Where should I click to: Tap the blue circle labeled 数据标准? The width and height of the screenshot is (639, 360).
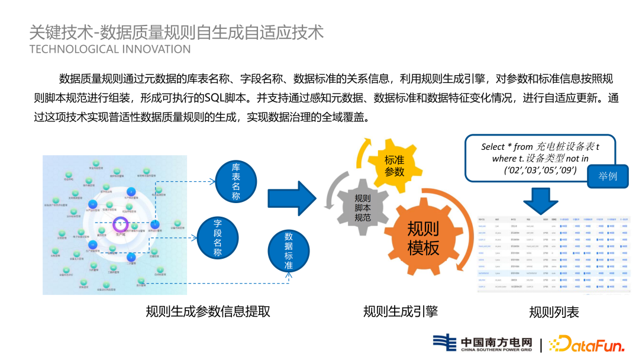pyautogui.click(x=288, y=250)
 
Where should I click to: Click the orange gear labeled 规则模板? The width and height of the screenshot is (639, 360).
pyautogui.click(x=423, y=237)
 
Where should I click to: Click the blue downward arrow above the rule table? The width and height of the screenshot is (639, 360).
pyautogui.click(x=540, y=200)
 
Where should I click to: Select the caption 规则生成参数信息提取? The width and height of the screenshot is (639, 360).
pyautogui.click(x=208, y=311)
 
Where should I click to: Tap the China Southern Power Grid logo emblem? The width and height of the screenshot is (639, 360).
pyautogui.click(x=444, y=343)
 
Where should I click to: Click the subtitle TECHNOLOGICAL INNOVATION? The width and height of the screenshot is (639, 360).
pyautogui.click(x=110, y=49)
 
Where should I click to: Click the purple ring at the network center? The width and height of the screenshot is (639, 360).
pyautogui.click(x=121, y=224)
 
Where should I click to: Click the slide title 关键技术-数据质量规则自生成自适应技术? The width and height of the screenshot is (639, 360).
pyautogui.click(x=176, y=31)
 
